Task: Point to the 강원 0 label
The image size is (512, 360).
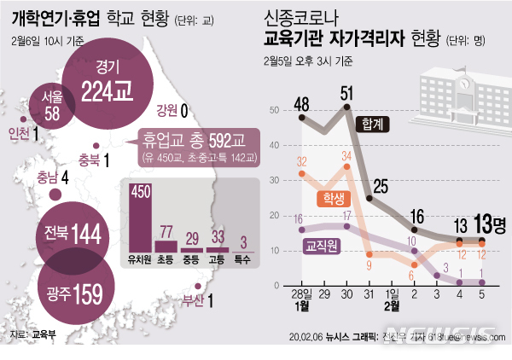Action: [172, 109]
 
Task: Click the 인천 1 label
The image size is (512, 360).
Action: [23, 133]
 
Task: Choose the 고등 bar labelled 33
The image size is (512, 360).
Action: [218, 248]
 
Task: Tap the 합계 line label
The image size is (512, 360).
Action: [373, 123]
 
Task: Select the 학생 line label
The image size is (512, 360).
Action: [334, 199]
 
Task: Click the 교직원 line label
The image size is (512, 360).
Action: [323, 245]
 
